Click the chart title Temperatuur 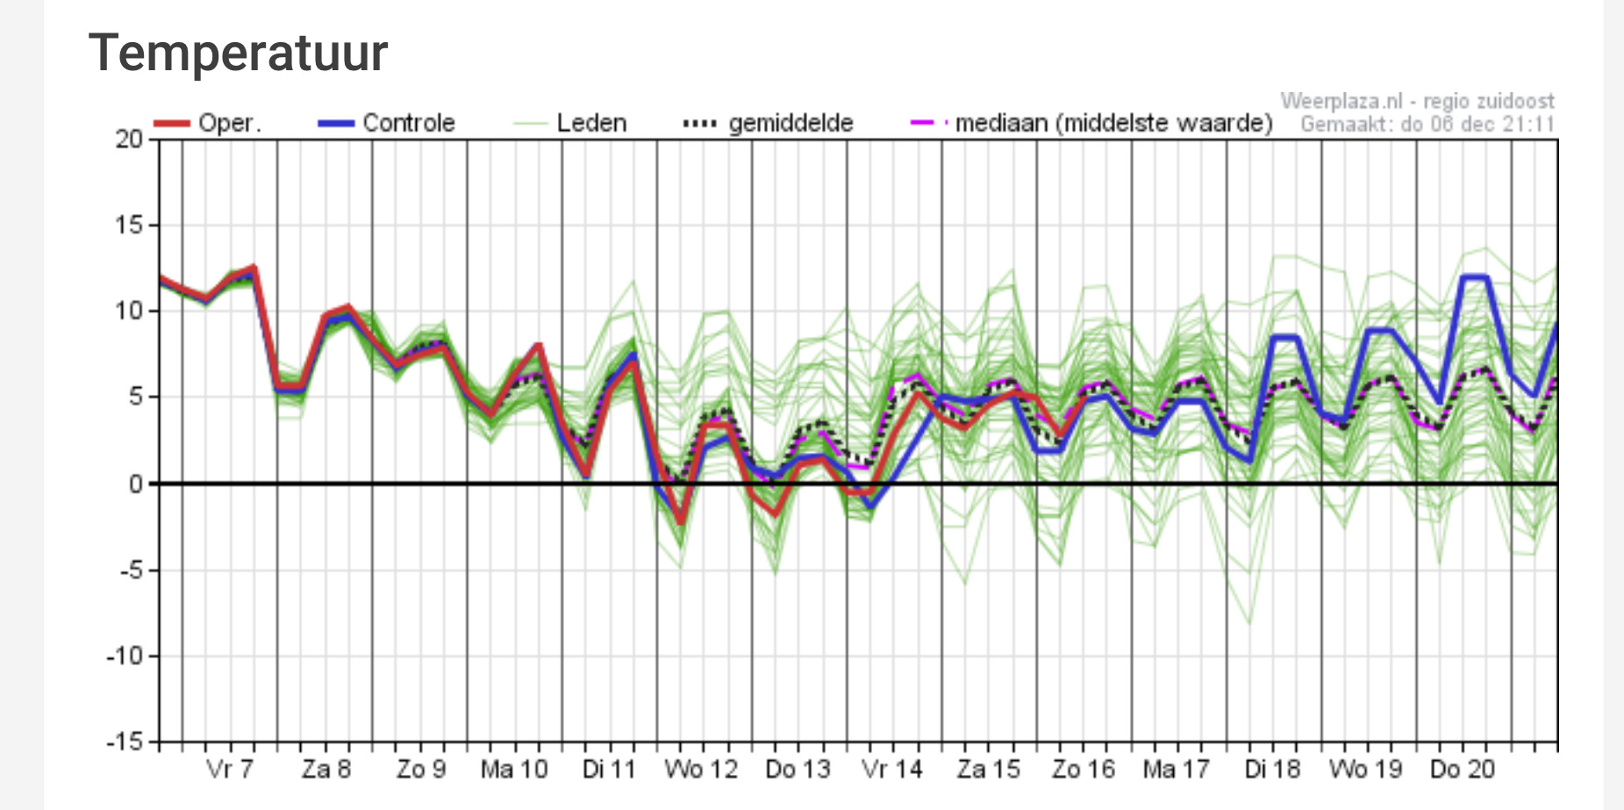point(238,53)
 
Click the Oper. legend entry point(208,123)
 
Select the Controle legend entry point(387,123)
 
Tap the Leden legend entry point(570,123)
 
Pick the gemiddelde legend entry point(769,123)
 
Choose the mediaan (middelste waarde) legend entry point(1091,123)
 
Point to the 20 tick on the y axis point(129,139)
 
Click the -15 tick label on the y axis point(125,742)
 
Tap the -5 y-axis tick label point(130,570)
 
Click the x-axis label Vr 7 point(230,770)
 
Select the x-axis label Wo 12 point(701,770)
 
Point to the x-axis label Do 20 point(1462,770)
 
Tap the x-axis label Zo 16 point(1084,770)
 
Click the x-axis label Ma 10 point(514,770)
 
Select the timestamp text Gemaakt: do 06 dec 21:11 point(1427,124)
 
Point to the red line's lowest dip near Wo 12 point(681,522)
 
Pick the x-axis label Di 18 point(1272,770)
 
